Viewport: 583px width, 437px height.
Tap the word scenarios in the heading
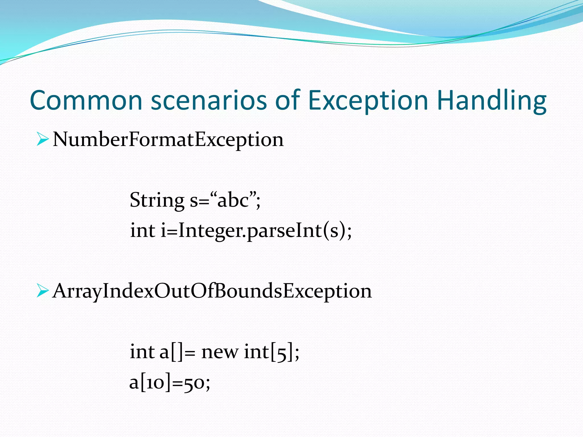coord(209,100)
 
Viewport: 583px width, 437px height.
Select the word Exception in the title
coord(368,100)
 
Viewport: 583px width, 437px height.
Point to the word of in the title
coord(288,100)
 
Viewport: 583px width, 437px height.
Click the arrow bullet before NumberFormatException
coord(43,140)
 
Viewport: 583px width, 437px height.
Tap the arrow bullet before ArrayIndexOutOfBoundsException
coord(43,291)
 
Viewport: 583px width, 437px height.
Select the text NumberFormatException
coord(168,140)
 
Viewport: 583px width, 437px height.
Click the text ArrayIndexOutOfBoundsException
coord(212,291)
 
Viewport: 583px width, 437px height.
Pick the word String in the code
coord(157,200)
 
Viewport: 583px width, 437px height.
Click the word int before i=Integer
coord(143,230)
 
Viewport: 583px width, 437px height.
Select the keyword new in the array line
coord(219,352)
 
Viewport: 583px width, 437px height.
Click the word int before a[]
coord(142,352)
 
